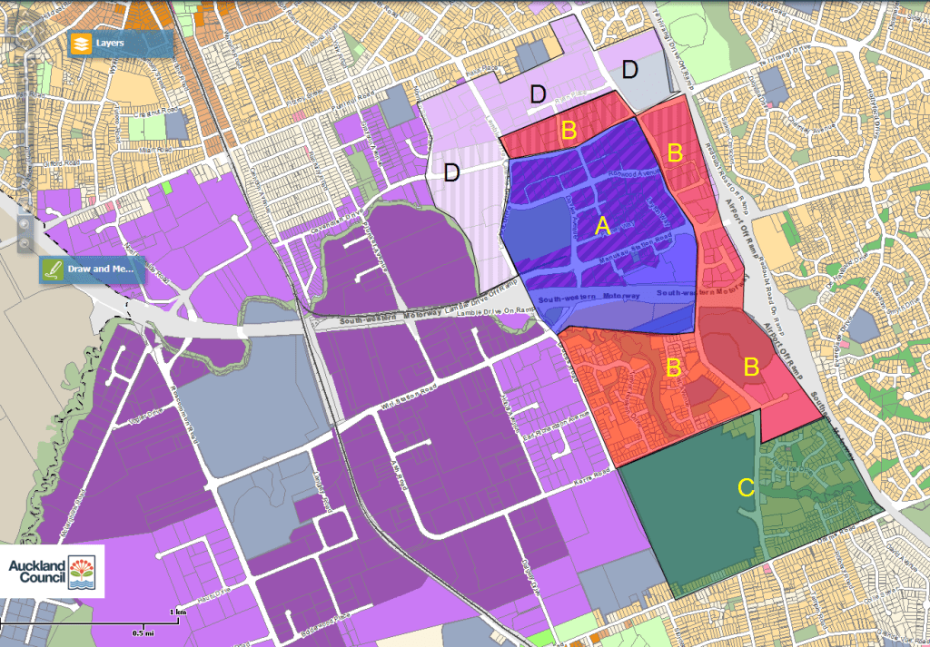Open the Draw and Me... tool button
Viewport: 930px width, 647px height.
coord(92,270)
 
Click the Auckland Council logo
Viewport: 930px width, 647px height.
coord(52,572)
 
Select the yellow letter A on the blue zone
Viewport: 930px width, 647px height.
coord(600,226)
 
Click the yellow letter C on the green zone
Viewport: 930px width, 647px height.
coord(746,488)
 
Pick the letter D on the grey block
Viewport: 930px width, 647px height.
coord(629,69)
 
